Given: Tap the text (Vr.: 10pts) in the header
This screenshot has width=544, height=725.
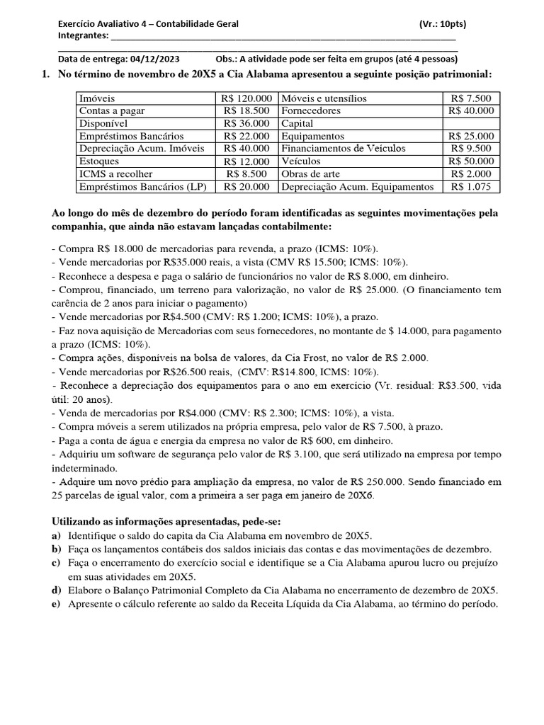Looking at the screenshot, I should pyautogui.click(x=442, y=24).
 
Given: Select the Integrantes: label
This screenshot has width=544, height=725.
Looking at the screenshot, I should pyautogui.click(x=84, y=36).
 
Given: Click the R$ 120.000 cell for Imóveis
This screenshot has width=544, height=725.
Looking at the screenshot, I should pyautogui.click(x=246, y=98).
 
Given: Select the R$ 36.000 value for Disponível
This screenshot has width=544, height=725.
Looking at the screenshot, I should pyautogui.click(x=246, y=123).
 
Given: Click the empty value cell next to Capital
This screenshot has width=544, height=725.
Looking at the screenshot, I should pyautogui.click(x=471, y=123).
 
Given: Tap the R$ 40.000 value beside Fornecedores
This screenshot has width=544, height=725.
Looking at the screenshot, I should pyautogui.click(x=471, y=111).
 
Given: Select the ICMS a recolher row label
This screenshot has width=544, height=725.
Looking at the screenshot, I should pyautogui.click(x=116, y=174).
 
